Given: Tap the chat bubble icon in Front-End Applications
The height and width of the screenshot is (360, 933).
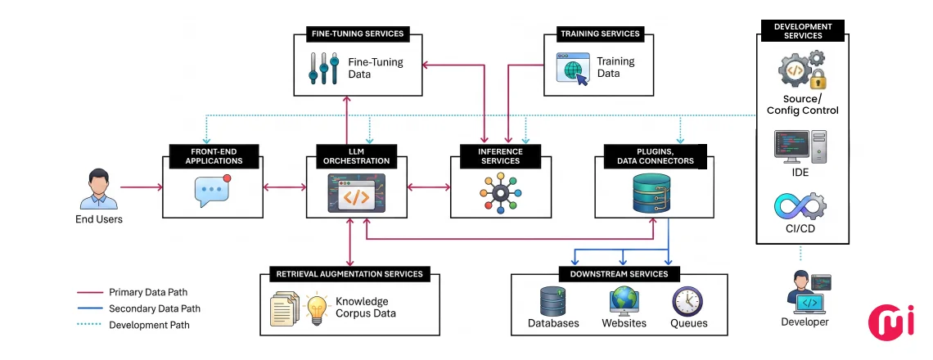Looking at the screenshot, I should [212, 191].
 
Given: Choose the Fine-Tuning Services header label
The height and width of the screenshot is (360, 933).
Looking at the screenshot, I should [358, 34].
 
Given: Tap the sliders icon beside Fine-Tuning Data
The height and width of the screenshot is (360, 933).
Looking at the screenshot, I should [324, 69].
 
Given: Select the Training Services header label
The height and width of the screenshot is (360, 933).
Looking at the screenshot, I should [600, 34].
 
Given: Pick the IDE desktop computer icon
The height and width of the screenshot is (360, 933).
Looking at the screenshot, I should [800, 147].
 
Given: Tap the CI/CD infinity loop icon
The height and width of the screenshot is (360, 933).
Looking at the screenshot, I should [800, 205].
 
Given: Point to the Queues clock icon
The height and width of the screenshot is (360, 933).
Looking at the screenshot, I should [687, 302].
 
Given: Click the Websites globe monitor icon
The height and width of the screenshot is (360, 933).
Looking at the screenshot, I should [624, 302].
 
